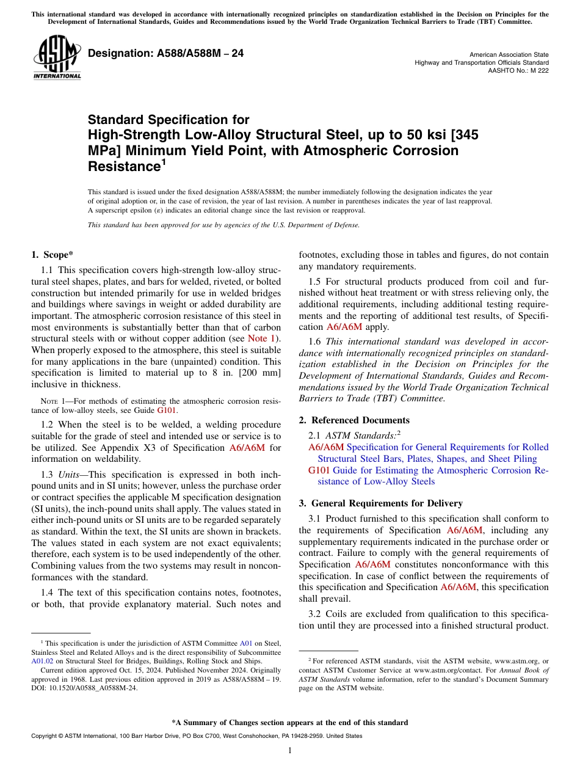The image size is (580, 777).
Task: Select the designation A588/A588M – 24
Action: tap(165, 54)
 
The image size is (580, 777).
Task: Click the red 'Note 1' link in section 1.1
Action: tap(262, 338)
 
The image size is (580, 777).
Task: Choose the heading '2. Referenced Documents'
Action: tap(354, 420)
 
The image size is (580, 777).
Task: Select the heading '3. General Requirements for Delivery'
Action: tap(380, 503)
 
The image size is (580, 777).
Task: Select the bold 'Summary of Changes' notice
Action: tap(289, 723)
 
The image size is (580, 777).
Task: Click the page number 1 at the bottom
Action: tap(289, 750)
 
